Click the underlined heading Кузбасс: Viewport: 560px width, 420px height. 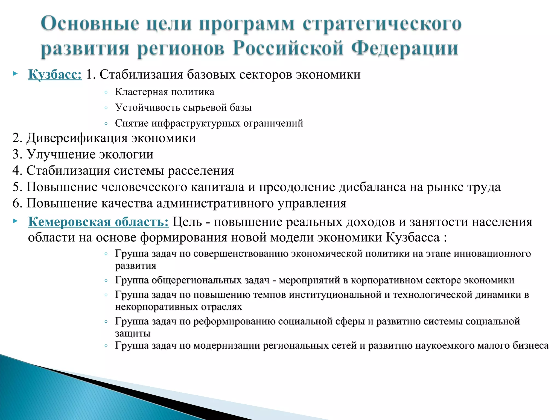pos(55,75)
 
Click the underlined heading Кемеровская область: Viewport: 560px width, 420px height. pos(98,222)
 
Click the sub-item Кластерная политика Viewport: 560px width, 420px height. pos(164,92)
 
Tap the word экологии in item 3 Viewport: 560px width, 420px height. pos(126,154)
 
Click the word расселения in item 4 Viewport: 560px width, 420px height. pos(201,171)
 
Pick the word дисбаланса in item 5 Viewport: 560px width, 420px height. pos(372,187)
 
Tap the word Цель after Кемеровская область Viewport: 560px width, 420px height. pos(187,222)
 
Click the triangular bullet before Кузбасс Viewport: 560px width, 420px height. pos(15,74)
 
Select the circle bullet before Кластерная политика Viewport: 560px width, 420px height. pos(106,93)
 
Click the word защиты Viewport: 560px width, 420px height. pos(133,333)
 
